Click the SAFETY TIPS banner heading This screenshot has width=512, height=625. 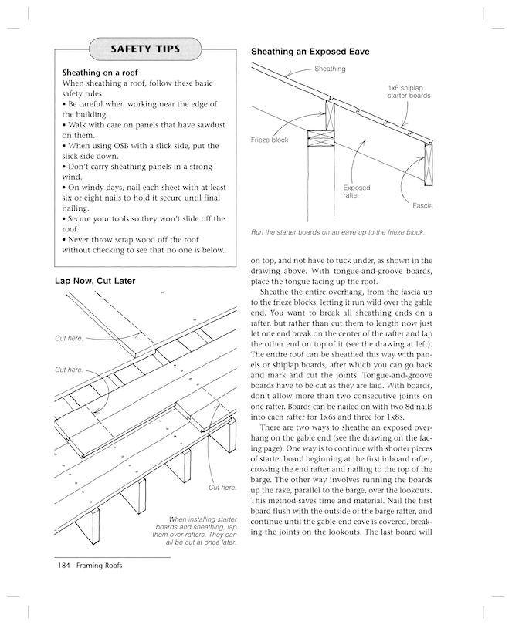click(x=145, y=49)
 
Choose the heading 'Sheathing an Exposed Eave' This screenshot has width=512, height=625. click(x=310, y=52)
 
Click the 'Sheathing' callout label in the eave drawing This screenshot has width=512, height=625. click(x=330, y=69)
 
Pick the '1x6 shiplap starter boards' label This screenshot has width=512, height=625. click(x=409, y=92)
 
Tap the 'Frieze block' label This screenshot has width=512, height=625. click(x=270, y=140)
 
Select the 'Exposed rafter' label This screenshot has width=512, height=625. click(x=356, y=191)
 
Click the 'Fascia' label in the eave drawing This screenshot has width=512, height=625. click(x=422, y=206)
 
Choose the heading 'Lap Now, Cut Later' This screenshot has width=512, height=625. click(x=95, y=281)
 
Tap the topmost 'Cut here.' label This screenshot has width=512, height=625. click(x=69, y=338)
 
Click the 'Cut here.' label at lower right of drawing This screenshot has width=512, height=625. click(x=222, y=488)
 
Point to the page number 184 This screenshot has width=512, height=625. click(x=63, y=565)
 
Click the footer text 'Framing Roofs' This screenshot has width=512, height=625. click(x=99, y=565)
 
